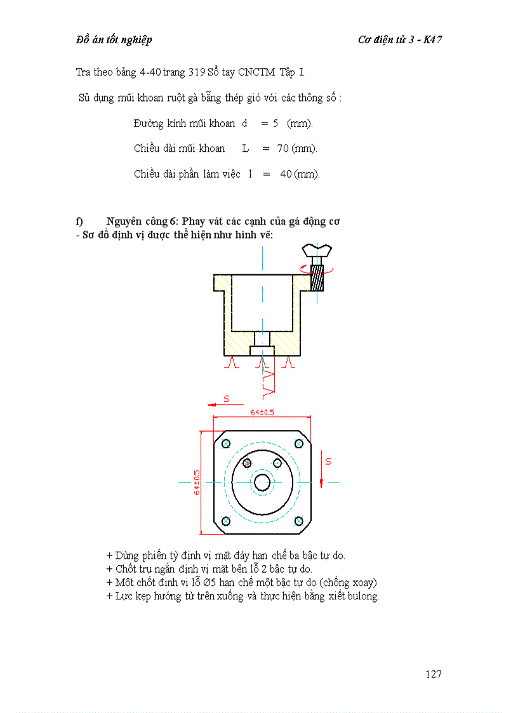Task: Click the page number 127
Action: pyautogui.click(x=434, y=674)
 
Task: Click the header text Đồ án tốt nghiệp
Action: pyautogui.click(x=114, y=40)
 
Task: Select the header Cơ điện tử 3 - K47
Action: pyautogui.click(x=400, y=40)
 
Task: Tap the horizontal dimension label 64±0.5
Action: pyautogui.click(x=262, y=413)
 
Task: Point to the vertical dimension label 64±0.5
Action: pyautogui.click(x=197, y=483)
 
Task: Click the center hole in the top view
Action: pyautogui.click(x=262, y=483)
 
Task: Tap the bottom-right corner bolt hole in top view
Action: pyautogui.click(x=298, y=521)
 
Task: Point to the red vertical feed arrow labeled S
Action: pyautogui.click(x=322, y=471)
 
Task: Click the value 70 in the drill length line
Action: pyautogui.click(x=282, y=149)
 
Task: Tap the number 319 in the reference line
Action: pyautogui.click(x=195, y=72)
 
